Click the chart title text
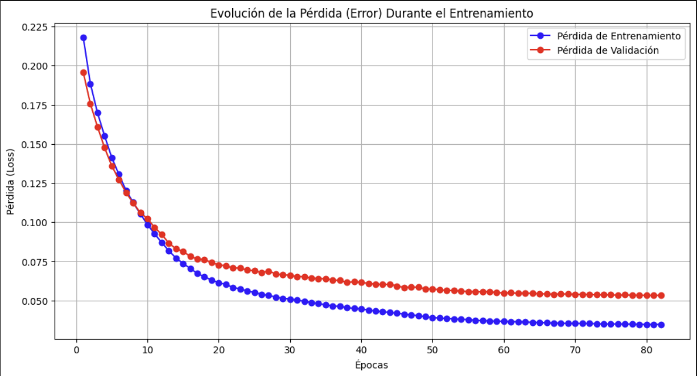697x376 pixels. click(372, 13)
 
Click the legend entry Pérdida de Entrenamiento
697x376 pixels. click(618, 36)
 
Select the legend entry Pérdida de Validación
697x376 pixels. click(608, 50)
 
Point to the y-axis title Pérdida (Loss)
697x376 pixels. click(10, 182)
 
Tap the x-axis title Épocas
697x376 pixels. click(371, 365)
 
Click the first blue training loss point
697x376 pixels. click(84, 38)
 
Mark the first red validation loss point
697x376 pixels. click(84, 72)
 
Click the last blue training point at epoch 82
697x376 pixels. click(661, 325)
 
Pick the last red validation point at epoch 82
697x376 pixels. click(661, 295)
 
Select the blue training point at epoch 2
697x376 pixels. click(90, 84)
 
